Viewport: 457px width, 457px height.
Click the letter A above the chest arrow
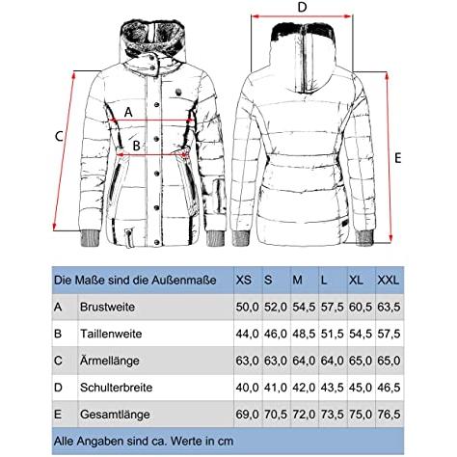pos(128,113)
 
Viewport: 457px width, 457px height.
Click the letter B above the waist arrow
pos(137,146)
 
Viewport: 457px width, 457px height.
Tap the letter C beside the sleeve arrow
pos(59,137)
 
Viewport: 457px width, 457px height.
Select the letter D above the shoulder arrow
pos(302,7)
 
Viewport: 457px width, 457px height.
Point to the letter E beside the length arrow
pos(398,158)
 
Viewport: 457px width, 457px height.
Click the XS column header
pos(244,281)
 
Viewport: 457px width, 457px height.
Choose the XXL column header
pos(389,281)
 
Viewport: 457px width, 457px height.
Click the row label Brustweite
pos(107,307)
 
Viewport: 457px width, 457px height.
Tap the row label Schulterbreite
pos(117,388)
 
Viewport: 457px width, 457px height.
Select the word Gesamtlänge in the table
pos(115,415)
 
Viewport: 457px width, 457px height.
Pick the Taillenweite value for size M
pos(304,334)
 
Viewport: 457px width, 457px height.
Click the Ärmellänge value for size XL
pos(361,361)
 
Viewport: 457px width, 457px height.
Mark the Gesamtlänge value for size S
pos(276,415)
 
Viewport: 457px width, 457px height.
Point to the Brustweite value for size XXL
pos(389,307)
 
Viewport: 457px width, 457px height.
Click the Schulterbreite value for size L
pos(332,388)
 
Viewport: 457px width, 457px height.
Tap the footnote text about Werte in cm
pos(144,441)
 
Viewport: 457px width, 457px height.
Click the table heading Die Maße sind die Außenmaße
pos(135,281)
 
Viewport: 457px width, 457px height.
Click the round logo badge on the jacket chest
pos(177,93)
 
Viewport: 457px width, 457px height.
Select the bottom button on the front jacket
pos(157,242)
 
